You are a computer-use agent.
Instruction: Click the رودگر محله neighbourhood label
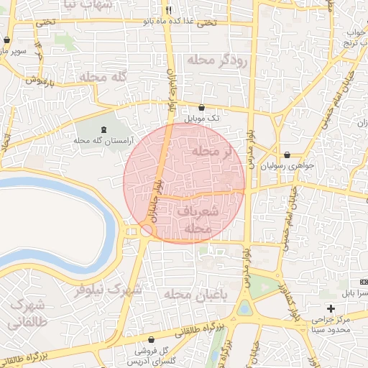(x=217, y=60)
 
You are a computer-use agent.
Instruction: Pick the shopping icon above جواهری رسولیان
(x=287, y=154)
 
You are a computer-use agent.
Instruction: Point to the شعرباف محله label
(x=196, y=220)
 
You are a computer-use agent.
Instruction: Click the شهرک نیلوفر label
(x=108, y=290)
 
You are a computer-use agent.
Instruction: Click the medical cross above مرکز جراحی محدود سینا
(x=331, y=308)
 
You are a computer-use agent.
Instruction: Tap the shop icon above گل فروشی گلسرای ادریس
(x=151, y=339)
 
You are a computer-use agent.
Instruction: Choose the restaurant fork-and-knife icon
(x=168, y=11)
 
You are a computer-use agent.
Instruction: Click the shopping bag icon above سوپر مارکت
(x=7, y=40)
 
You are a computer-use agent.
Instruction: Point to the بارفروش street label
(x=43, y=80)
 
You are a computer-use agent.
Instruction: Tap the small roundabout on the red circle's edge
(x=147, y=230)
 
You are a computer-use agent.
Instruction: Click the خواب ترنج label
(x=357, y=37)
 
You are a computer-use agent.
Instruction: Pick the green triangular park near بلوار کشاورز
(x=264, y=286)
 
